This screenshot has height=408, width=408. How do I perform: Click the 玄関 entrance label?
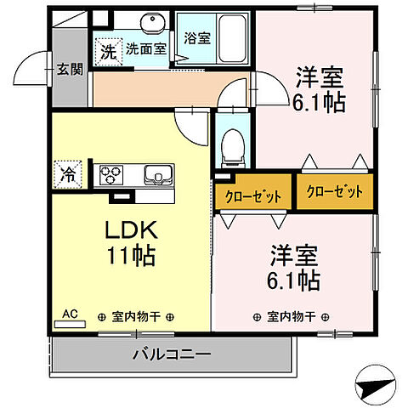(70, 70)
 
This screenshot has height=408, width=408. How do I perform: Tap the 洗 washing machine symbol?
(108, 51)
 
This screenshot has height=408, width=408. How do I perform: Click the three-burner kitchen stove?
(111, 176)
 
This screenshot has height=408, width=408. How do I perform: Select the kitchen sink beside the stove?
(157, 176)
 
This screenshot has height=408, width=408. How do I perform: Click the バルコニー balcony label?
(171, 354)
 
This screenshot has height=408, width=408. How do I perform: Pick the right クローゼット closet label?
(334, 191)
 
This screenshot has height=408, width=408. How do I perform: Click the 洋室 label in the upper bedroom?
(320, 77)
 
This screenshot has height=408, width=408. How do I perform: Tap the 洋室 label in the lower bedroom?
(295, 255)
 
